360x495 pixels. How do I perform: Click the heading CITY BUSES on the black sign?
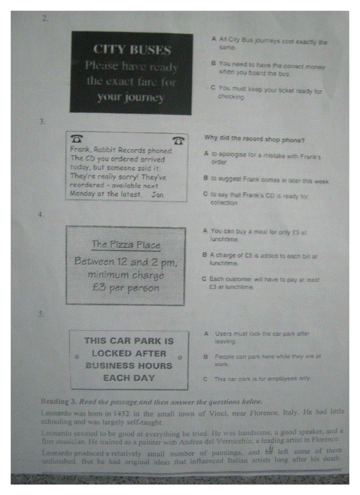[x=132, y=49]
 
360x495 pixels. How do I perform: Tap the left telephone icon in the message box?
[x=77, y=139]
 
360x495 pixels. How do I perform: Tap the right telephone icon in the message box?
[x=179, y=140]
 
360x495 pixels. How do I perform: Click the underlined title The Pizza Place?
[x=126, y=245]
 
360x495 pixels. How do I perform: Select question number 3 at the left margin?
[x=41, y=123]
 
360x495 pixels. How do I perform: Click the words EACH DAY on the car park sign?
[x=129, y=378]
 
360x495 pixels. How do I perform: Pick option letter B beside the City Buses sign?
[x=213, y=63]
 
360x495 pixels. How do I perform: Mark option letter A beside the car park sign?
[x=206, y=334]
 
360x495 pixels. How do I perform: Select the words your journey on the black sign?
[x=131, y=97]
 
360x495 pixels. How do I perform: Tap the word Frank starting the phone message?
[x=80, y=150]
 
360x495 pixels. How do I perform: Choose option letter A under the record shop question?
[x=206, y=154]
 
